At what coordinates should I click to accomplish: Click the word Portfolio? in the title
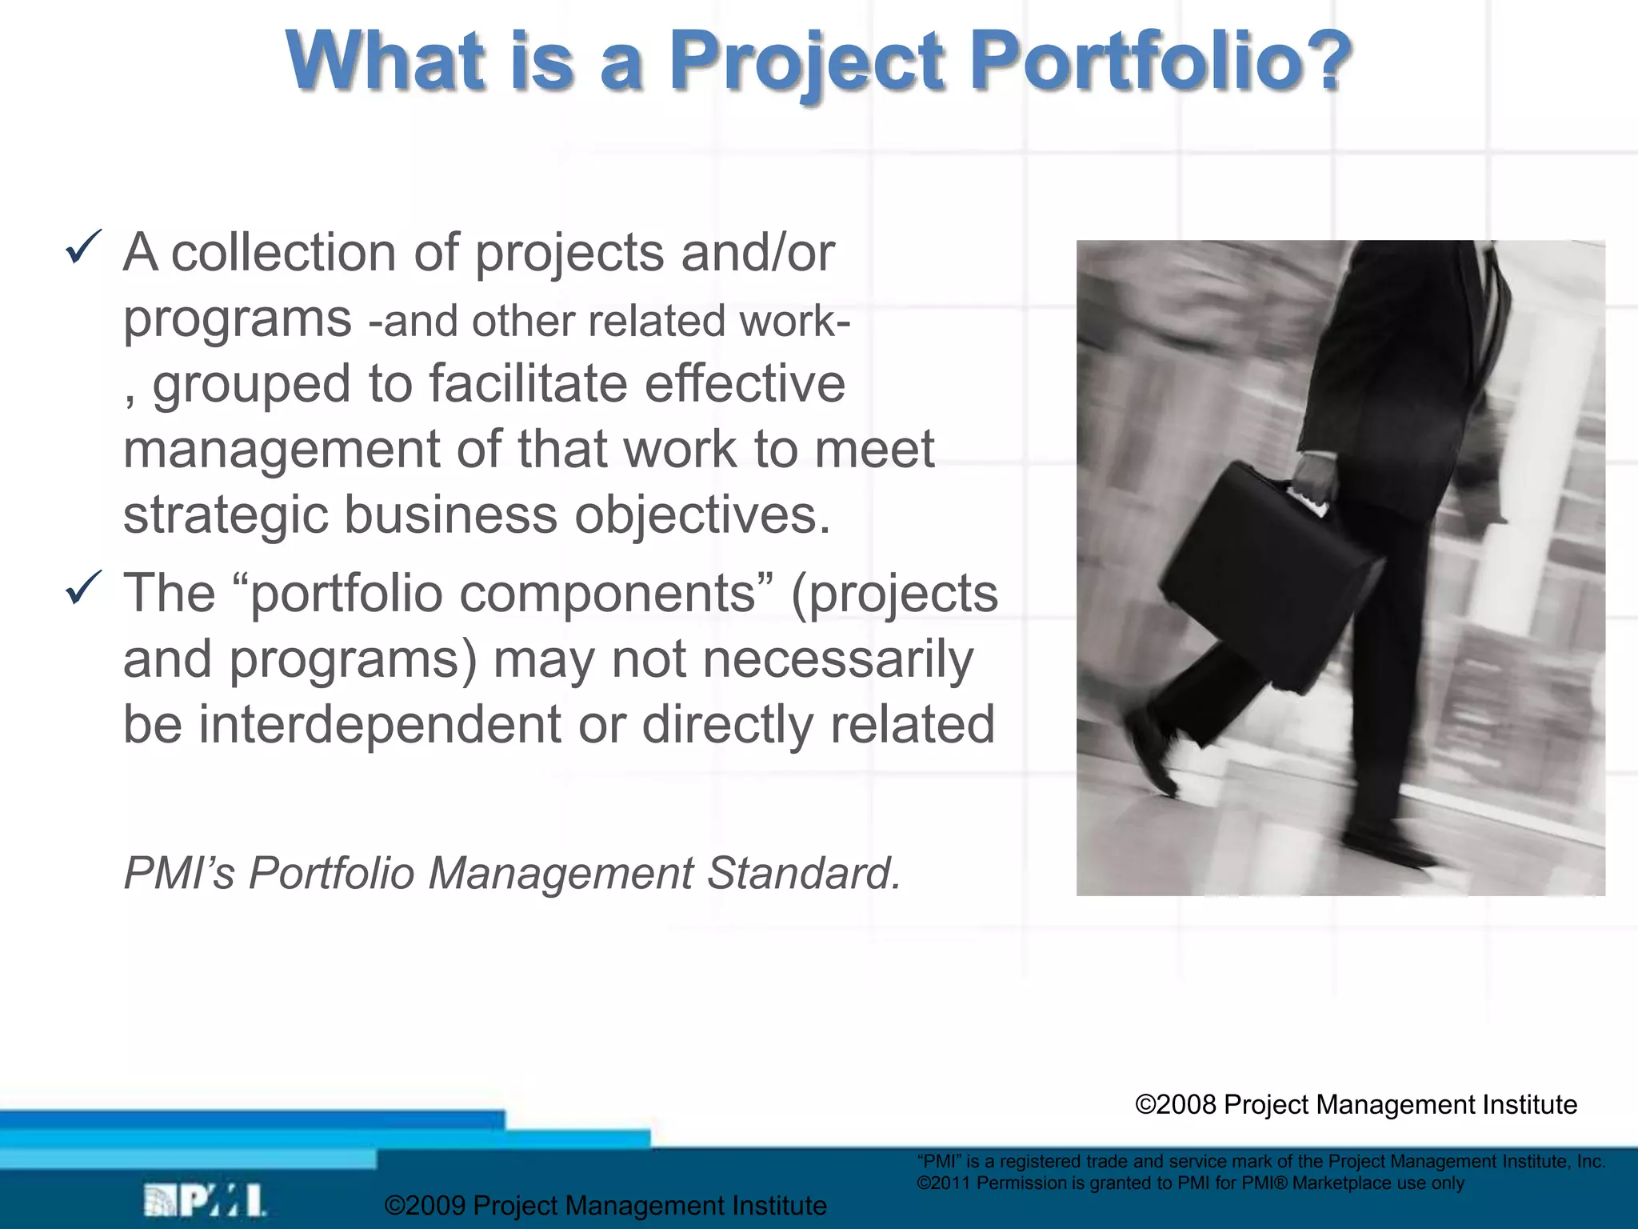coord(1160,62)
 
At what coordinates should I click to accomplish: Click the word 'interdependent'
coord(380,725)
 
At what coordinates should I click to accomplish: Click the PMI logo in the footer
coord(205,1200)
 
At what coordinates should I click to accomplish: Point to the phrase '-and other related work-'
coord(609,322)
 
